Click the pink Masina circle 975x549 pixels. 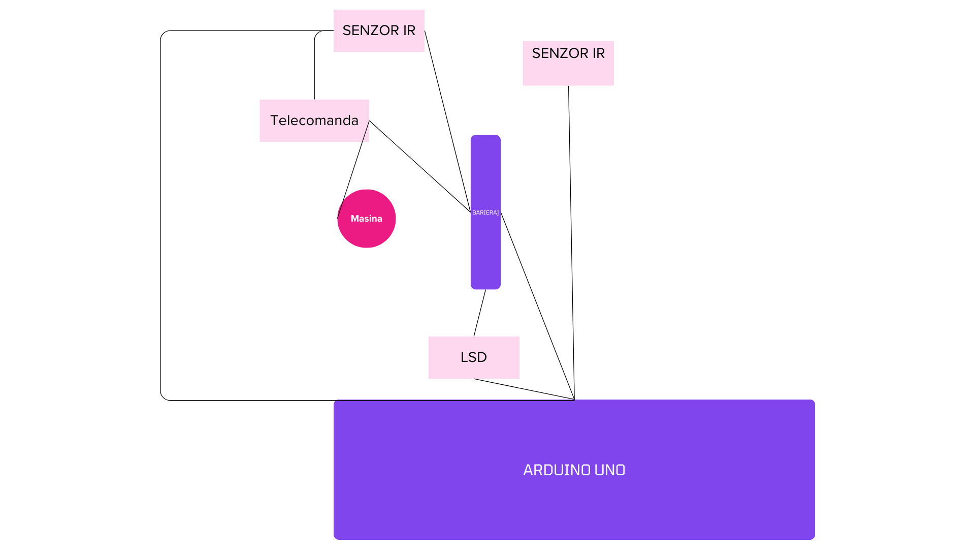(x=367, y=219)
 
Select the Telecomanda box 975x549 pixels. (x=314, y=120)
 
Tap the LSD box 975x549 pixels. (x=474, y=357)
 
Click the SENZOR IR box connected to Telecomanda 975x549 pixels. (x=379, y=30)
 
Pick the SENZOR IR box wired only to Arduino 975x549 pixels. (x=568, y=63)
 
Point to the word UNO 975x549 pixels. (x=610, y=470)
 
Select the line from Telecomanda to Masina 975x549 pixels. (x=353, y=170)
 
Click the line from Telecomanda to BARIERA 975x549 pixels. (x=420, y=166)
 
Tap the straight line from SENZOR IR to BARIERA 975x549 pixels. (x=448, y=121)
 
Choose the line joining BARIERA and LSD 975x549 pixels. (x=480, y=313)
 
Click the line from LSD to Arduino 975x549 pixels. (x=524, y=389)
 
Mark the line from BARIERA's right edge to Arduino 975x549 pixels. (x=538, y=306)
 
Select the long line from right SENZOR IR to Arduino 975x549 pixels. (x=571, y=242)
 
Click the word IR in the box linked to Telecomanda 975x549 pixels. (x=409, y=30)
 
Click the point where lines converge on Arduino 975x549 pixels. (x=574, y=400)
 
